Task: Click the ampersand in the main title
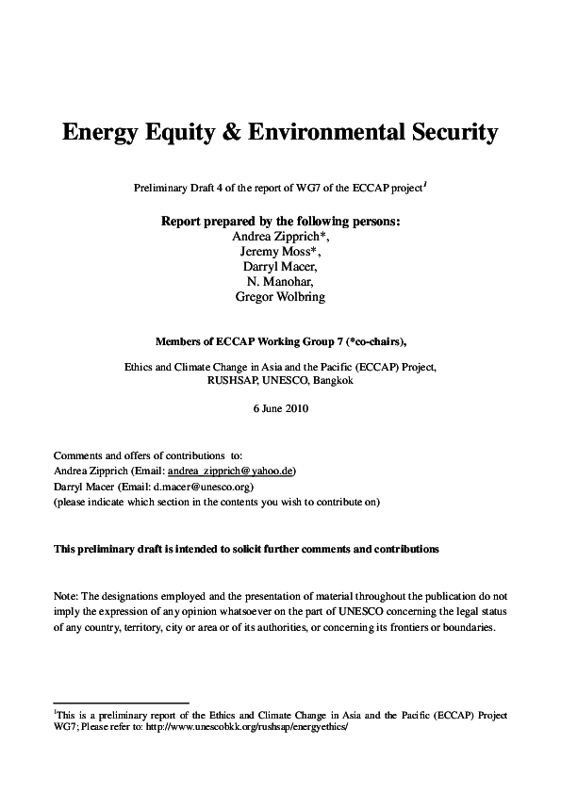pos(231,133)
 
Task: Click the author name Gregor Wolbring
pos(280,296)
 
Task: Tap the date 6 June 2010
pos(280,408)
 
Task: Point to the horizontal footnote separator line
pos(122,703)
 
